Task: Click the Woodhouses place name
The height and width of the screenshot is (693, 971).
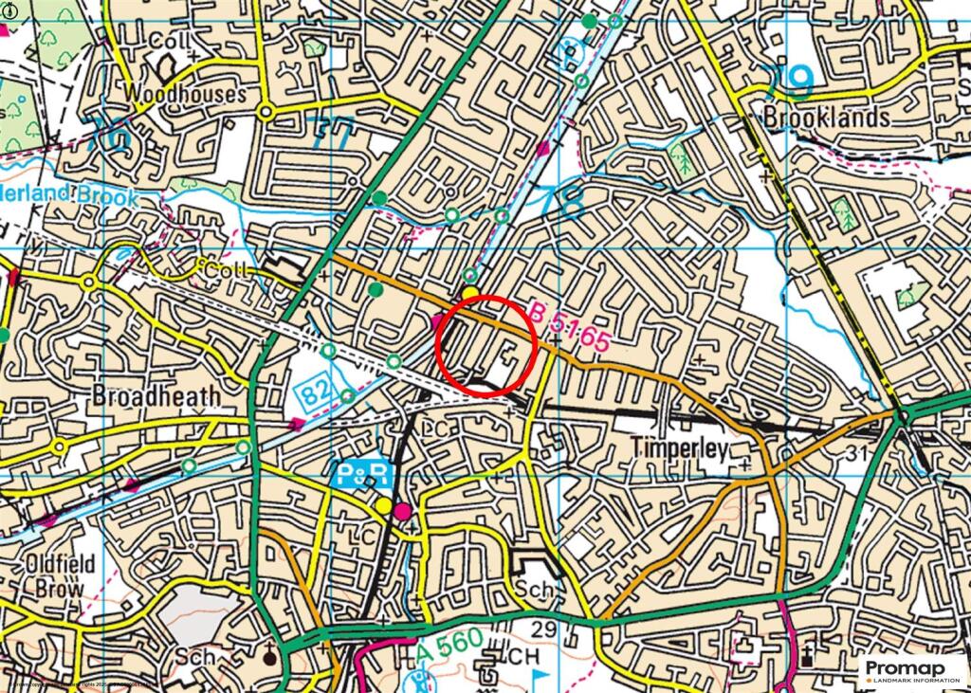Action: pyautogui.click(x=184, y=94)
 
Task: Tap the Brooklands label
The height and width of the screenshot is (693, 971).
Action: pyautogui.click(x=827, y=117)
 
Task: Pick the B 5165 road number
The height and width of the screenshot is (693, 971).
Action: pyautogui.click(x=568, y=328)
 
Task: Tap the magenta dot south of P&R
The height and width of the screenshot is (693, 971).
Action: pyautogui.click(x=403, y=512)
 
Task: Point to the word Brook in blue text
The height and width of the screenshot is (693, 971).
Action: pyautogui.click(x=110, y=198)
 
